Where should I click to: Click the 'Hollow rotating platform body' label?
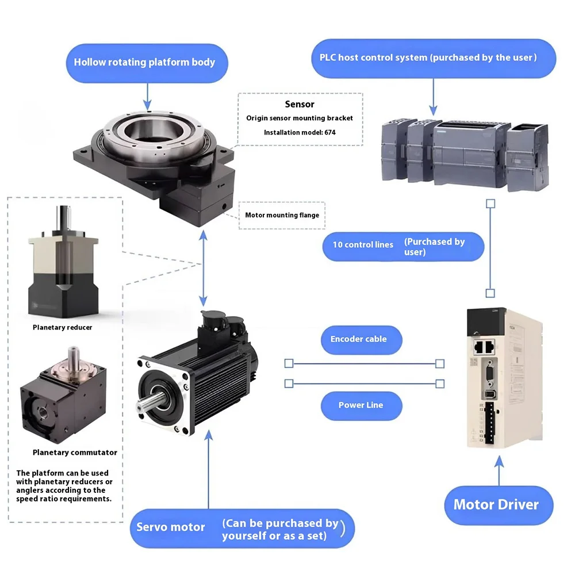pos(144,62)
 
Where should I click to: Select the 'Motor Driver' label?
pos(496,505)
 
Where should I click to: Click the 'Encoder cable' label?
pos(358,339)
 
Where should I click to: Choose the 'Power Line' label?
pos(361,405)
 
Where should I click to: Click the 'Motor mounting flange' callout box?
pos(282,216)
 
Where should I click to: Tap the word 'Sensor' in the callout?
pos(300,104)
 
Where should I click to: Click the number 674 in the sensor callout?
pos(329,132)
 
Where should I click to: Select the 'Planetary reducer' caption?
pos(62,327)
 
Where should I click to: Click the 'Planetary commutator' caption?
pos(67,453)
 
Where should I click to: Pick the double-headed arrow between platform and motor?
pos(202,271)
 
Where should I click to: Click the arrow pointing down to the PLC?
pos(434,95)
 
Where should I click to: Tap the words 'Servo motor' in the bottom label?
pos(171,527)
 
